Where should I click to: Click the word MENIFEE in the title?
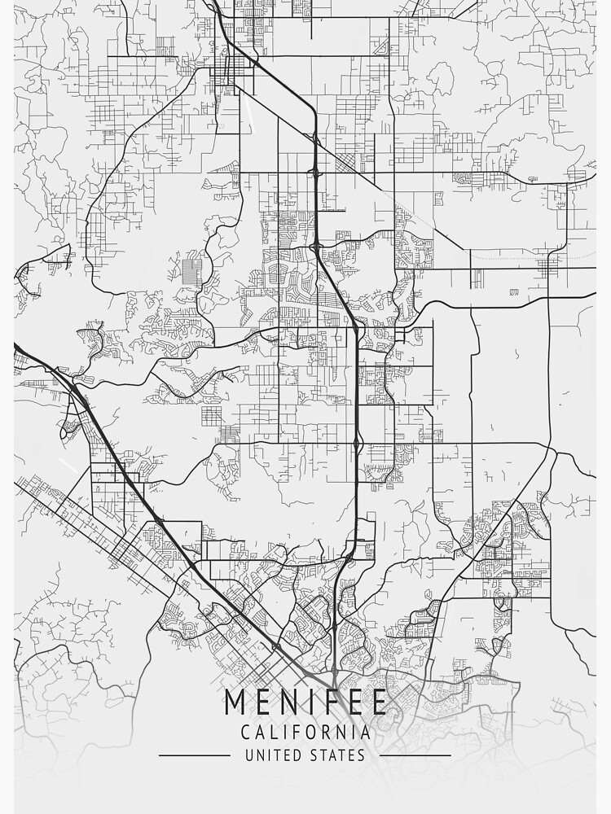point(305,702)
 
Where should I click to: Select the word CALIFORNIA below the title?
point(305,733)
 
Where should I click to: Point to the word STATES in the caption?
point(338,755)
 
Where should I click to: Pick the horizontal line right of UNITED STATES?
point(415,755)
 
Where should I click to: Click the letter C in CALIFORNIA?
point(245,733)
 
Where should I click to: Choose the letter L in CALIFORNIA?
point(275,733)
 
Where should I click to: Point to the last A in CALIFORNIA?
point(366,733)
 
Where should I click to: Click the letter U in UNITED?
point(249,755)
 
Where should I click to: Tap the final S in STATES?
point(361,755)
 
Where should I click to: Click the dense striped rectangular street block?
point(193,271)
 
